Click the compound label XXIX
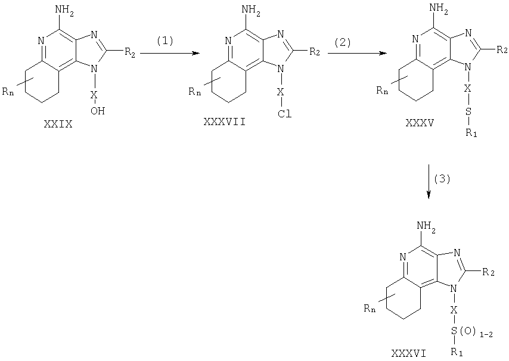point(58,125)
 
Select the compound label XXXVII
point(224,122)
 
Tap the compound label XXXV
point(420,123)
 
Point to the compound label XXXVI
point(409,353)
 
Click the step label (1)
point(165,41)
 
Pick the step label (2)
point(343,42)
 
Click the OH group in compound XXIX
point(98,111)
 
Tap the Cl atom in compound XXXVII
point(284,114)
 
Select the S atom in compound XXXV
point(468,111)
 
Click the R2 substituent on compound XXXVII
point(315,52)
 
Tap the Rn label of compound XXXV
point(383,90)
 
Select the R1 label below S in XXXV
point(471,133)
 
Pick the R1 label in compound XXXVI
point(457,351)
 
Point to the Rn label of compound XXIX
point(8,92)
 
